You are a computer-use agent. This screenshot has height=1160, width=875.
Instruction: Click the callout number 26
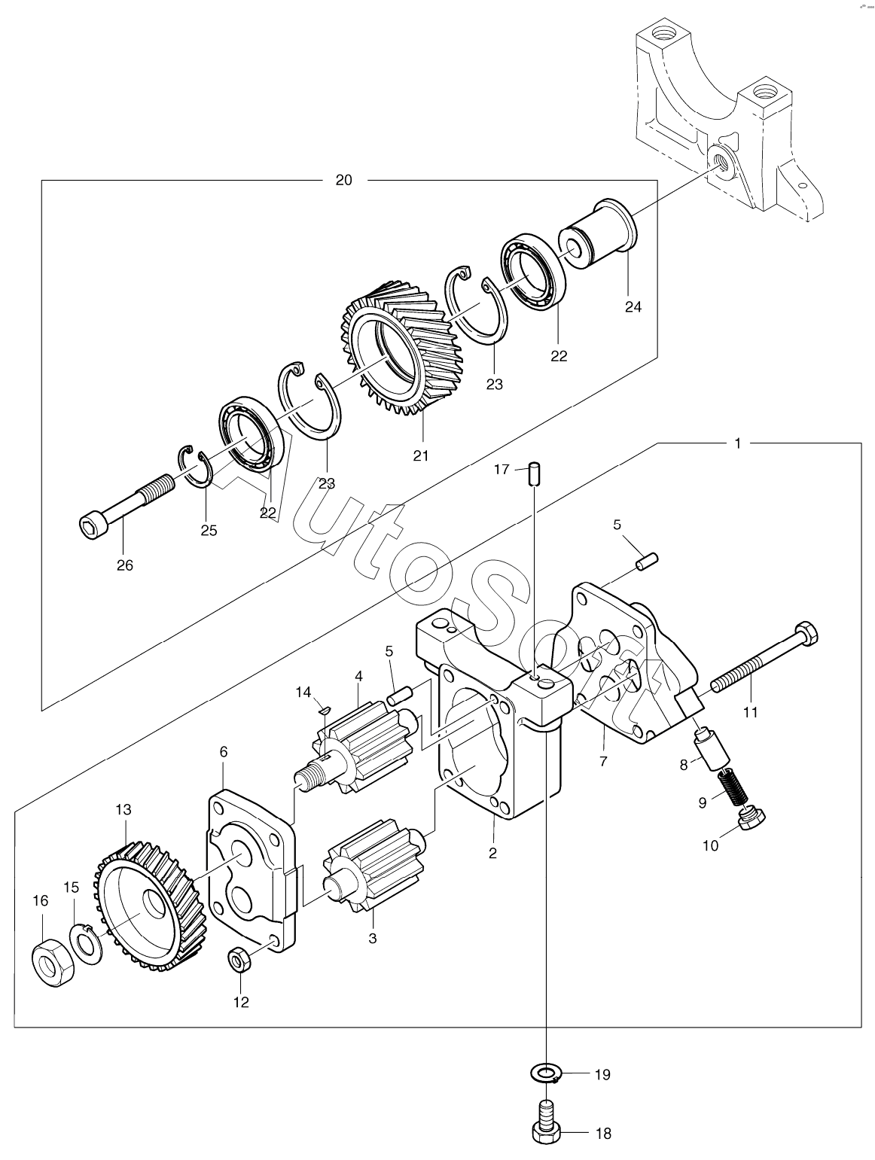coord(125,565)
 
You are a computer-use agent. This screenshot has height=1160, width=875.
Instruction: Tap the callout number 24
coord(633,306)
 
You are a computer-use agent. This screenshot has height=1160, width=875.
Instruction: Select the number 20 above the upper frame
coord(343,180)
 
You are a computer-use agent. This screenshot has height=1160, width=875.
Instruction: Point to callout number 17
coord(502,469)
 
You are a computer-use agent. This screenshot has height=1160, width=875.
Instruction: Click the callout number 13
coord(123,809)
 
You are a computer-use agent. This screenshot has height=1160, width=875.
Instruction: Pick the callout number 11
coord(750,712)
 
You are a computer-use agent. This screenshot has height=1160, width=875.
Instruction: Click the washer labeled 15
coord(86,942)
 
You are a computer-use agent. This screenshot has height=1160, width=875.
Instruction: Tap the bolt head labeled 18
coord(547,1134)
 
